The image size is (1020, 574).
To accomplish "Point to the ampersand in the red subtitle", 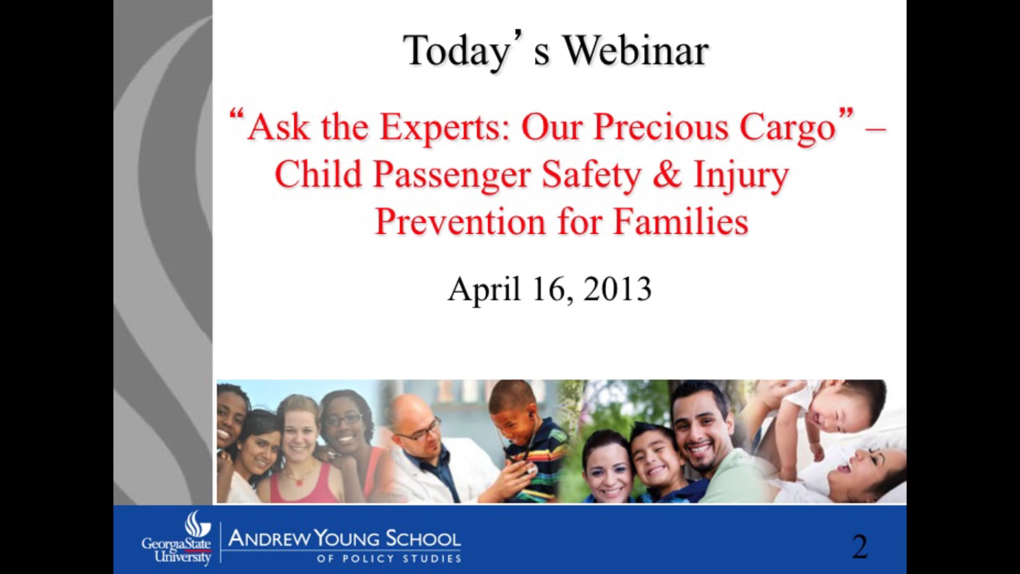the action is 667,175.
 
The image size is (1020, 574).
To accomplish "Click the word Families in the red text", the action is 681,222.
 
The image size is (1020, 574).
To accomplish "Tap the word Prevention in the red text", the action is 460,222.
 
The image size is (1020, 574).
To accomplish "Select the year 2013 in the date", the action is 617,289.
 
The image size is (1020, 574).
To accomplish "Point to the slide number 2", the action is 859,547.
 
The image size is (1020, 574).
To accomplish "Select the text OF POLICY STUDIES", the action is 389,559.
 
